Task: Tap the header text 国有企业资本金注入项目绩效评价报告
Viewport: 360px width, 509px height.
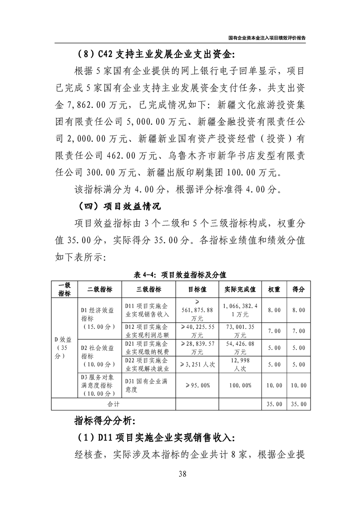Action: pyautogui.click(x=267, y=38)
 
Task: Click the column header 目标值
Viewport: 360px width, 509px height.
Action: pyautogui.click(x=197, y=289)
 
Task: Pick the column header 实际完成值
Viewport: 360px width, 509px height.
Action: pyautogui.click(x=240, y=289)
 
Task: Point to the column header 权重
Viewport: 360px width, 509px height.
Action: pyautogui.click(x=274, y=289)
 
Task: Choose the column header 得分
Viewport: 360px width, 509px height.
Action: pyautogui.click(x=298, y=289)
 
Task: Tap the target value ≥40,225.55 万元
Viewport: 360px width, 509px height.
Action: pyautogui.click(x=197, y=331)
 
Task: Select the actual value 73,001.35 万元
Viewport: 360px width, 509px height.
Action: pyautogui.click(x=240, y=331)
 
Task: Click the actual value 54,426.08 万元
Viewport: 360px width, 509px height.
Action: pyautogui.click(x=240, y=348)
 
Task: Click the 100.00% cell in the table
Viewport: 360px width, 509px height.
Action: pyautogui.click(x=240, y=385)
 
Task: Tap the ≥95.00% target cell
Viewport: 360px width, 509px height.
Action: pyautogui.click(x=197, y=385)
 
